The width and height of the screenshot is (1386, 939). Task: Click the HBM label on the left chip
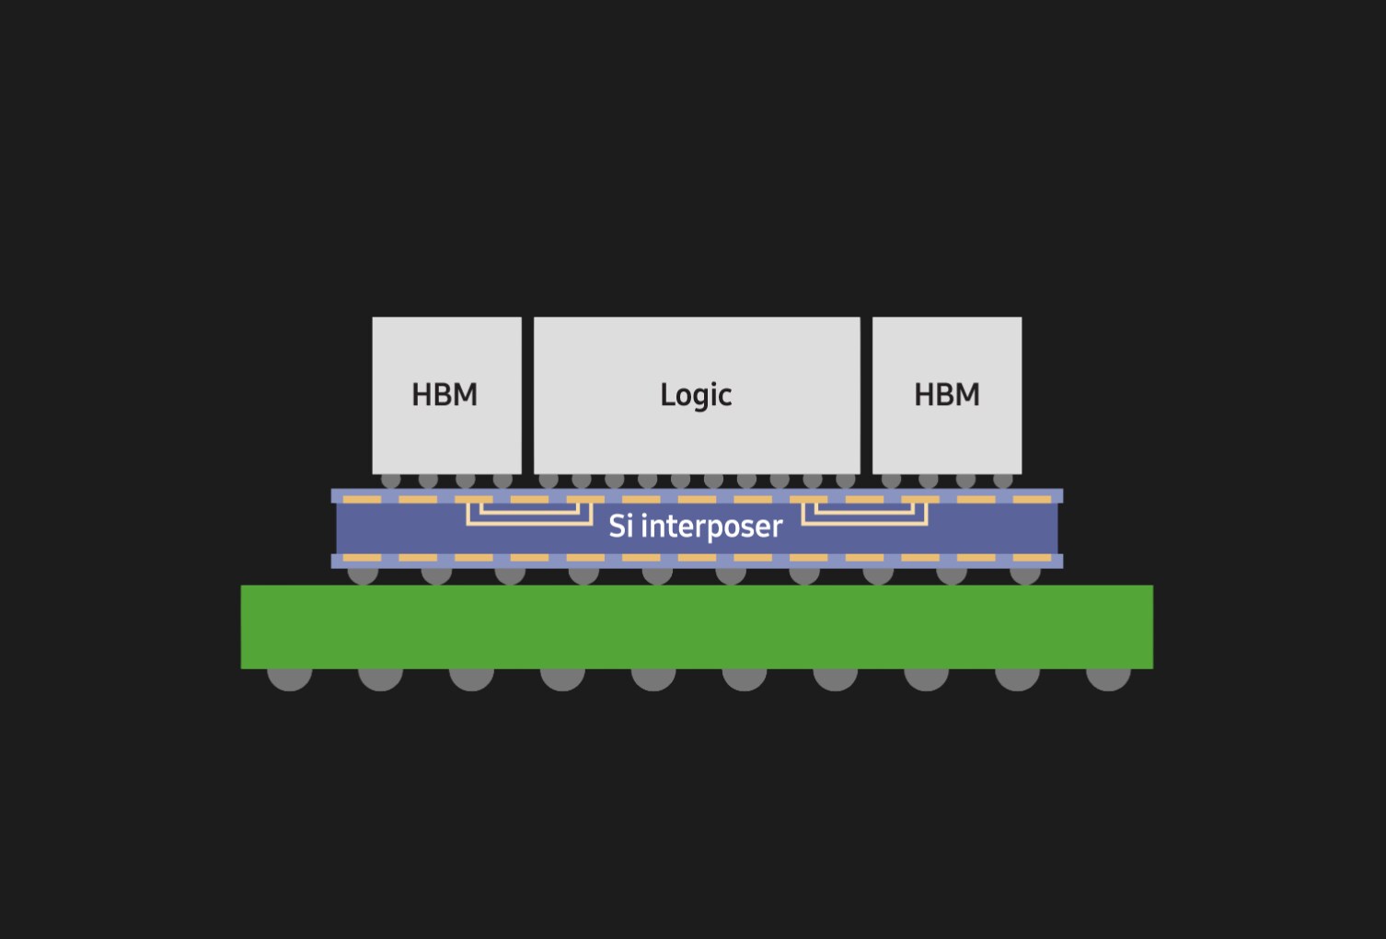click(x=445, y=395)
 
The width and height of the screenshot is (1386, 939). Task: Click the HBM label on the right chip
click(x=947, y=395)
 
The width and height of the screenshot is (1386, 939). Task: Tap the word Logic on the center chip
click(x=696, y=396)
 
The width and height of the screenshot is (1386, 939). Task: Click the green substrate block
click(x=697, y=626)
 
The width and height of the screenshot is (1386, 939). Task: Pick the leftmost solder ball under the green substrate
click(x=290, y=679)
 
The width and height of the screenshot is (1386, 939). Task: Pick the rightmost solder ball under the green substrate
click(x=1108, y=679)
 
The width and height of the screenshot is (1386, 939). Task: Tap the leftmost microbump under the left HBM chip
click(x=390, y=481)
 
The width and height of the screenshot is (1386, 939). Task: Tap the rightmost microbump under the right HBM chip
click(x=1003, y=481)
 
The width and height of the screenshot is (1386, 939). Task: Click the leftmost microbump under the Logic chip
click(x=549, y=481)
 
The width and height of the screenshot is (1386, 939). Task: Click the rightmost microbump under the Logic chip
click(x=845, y=481)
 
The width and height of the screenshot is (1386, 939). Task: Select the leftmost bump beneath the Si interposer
click(x=363, y=575)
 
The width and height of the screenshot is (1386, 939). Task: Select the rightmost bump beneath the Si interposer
click(x=1024, y=575)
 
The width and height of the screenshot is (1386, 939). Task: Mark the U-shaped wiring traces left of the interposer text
click(x=530, y=524)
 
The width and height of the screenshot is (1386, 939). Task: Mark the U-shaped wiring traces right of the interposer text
click(x=864, y=524)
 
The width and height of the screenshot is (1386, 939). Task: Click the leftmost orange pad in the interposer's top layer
click(x=362, y=500)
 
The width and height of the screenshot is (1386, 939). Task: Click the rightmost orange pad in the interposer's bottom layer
click(x=1032, y=558)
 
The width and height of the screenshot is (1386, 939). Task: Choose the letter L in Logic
click(x=666, y=394)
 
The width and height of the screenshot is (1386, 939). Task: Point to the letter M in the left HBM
click(x=466, y=395)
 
